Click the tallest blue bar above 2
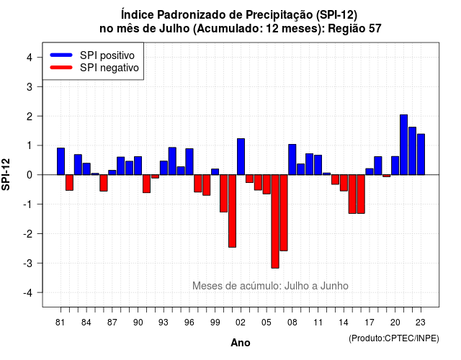pos(403,145)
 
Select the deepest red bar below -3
pos(275,221)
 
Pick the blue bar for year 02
pos(241,157)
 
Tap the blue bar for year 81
pos(61,161)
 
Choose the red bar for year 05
pos(267,184)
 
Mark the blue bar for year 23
pos(421,154)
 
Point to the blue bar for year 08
pos(292,160)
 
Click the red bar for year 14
pos(344,183)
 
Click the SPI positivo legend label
pos(107,55)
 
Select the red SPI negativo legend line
pos(61,68)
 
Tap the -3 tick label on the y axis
pos(28,264)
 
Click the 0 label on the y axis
pos(30,175)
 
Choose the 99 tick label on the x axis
pos(215,323)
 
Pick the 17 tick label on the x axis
pos(370,323)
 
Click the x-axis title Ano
pos(241,343)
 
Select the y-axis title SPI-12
pos(6,174)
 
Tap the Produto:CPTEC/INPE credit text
pos(394,338)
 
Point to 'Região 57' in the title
pos(354,29)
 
